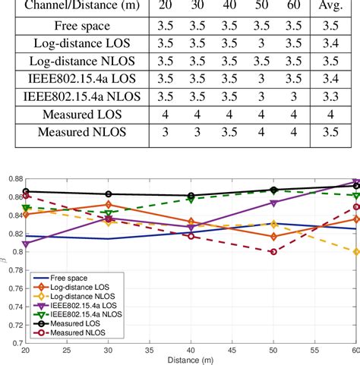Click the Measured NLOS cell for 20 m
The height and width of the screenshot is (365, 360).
click(177, 133)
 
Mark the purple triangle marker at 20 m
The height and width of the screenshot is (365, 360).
click(27, 244)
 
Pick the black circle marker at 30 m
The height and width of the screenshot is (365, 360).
click(109, 194)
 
